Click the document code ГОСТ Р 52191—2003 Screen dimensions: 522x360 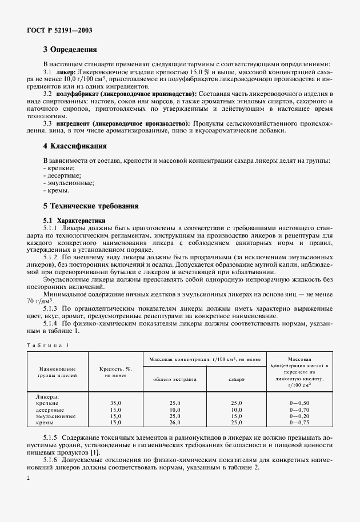tap(59, 30)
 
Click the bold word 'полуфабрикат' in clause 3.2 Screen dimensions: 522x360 tap(81, 93)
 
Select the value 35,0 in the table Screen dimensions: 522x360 tap(115, 403)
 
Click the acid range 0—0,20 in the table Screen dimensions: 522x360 tap(299, 416)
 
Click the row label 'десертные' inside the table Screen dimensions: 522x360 tap(50, 409)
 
